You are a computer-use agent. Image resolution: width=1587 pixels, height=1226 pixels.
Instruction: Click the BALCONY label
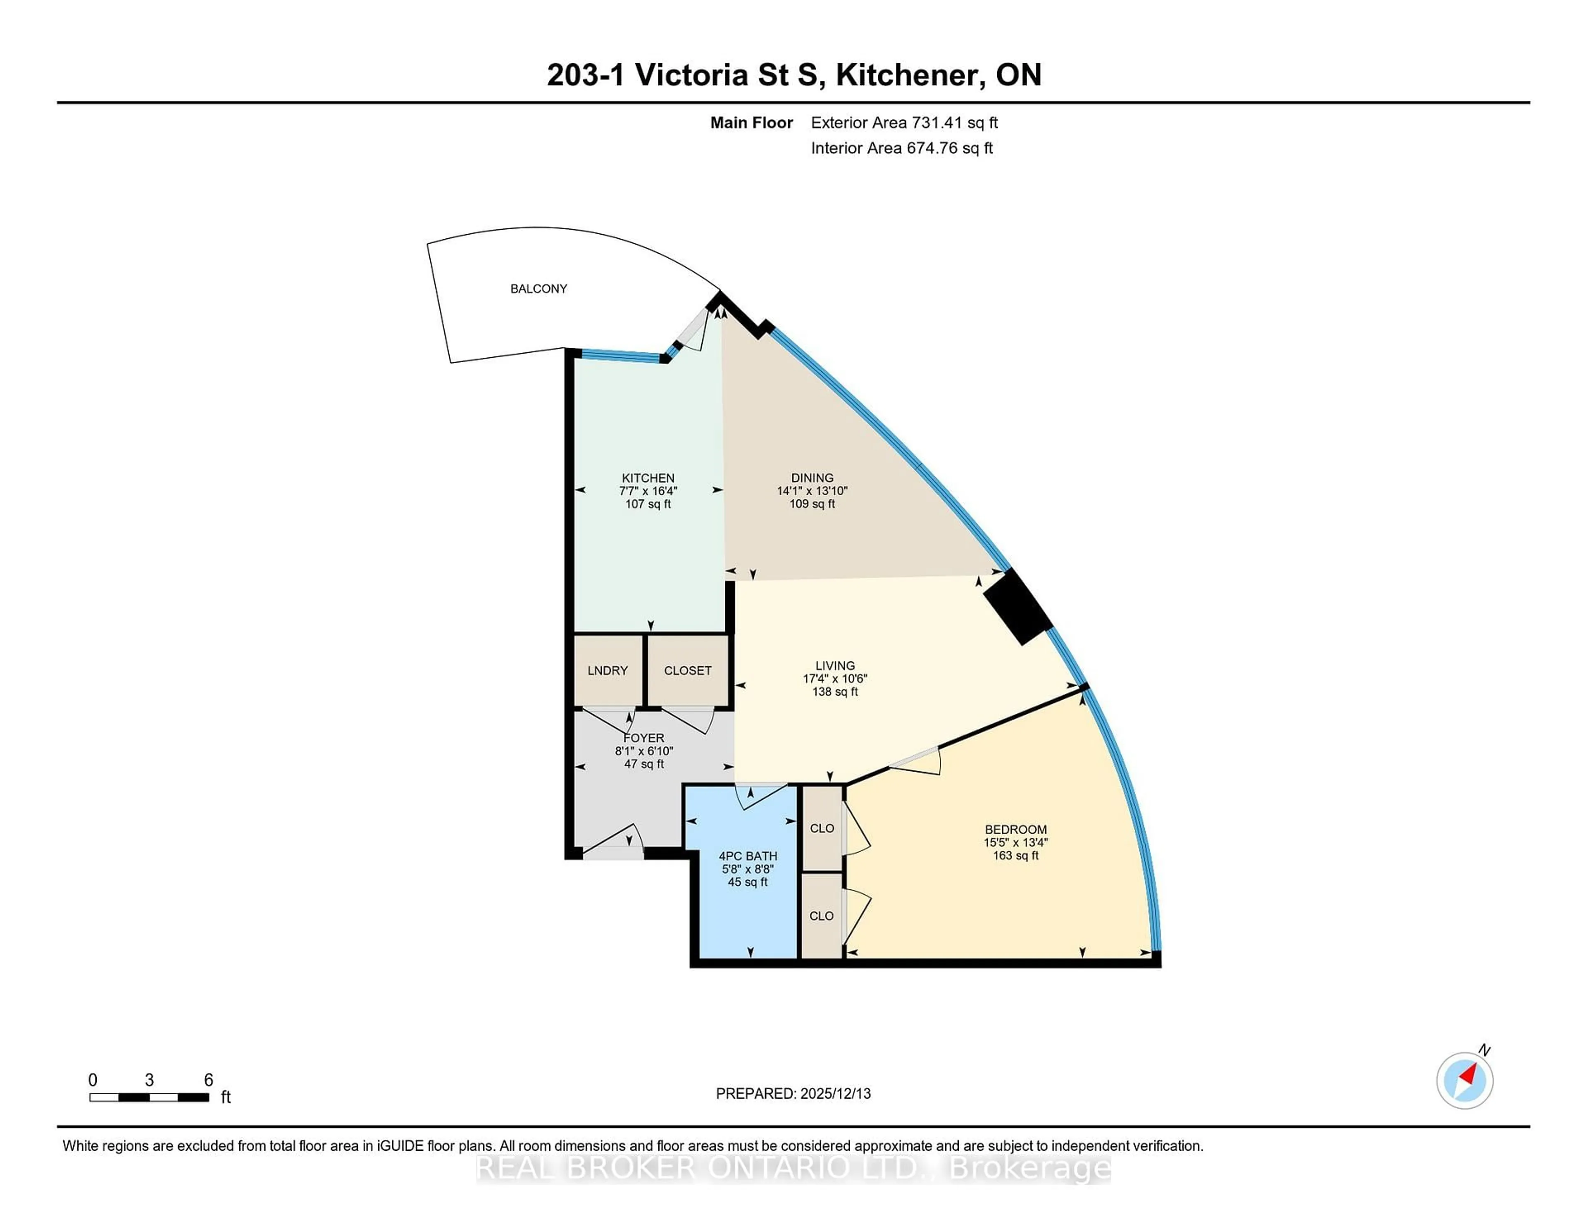[539, 288]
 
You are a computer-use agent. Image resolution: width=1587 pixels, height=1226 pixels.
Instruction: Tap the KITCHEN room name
[648, 478]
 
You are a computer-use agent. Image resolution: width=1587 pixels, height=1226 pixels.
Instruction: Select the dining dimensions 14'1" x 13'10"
[812, 491]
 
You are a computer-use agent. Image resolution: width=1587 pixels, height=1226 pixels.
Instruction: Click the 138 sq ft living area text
[835, 691]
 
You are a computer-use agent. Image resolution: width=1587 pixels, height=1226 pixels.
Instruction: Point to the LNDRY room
[608, 670]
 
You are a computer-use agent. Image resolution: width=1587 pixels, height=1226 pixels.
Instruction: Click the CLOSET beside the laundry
[687, 670]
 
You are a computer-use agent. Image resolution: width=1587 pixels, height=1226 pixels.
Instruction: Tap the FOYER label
[644, 738]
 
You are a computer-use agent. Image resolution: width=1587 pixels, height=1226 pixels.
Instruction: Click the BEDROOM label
[1015, 829]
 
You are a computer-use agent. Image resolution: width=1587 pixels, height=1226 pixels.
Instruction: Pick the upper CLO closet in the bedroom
[822, 828]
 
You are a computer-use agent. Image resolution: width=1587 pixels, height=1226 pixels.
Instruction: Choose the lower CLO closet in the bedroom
[822, 916]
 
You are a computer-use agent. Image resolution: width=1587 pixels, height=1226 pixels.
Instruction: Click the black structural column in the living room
[1017, 606]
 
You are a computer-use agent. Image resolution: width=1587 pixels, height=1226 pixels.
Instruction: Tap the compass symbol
[1464, 1081]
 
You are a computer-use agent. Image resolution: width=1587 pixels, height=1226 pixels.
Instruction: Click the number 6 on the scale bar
[209, 1080]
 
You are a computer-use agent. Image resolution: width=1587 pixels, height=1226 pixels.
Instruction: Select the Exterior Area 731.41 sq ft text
[904, 123]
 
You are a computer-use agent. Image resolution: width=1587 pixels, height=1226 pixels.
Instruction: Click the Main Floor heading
[751, 123]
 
